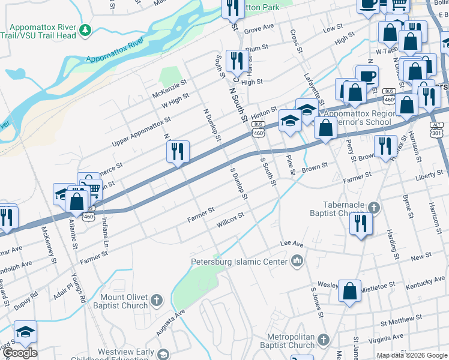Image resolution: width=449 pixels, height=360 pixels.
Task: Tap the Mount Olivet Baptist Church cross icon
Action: click(x=157, y=299)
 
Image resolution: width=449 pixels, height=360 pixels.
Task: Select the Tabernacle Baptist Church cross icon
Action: click(x=375, y=208)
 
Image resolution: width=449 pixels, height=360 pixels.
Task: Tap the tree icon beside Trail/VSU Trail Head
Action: click(x=85, y=29)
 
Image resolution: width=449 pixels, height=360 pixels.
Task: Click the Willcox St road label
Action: click(x=231, y=220)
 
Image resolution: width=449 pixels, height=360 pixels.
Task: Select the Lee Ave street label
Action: click(x=292, y=244)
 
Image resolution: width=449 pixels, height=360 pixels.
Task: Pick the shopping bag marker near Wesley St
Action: click(x=349, y=291)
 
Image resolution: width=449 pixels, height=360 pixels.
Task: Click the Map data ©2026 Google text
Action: click(x=411, y=355)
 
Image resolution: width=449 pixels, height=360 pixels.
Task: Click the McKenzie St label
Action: click(x=170, y=89)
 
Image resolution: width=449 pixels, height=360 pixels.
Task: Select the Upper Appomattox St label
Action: click(x=142, y=133)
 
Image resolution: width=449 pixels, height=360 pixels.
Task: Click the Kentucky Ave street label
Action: click(x=425, y=282)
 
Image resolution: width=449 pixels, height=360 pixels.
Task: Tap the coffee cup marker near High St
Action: click(x=367, y=76)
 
